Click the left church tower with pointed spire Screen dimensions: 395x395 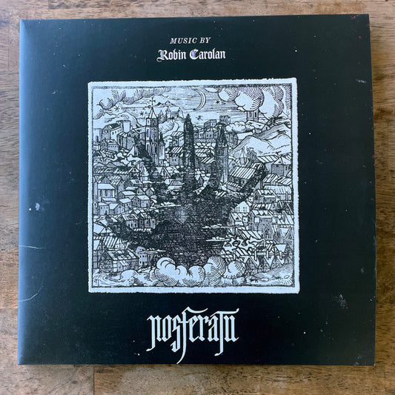(x=151, y=130)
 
